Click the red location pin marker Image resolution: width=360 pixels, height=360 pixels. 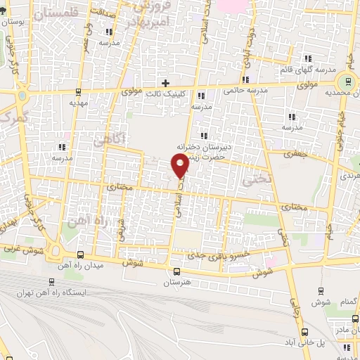click(x=180, y=165)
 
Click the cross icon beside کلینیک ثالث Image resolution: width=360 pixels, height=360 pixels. click(x=166, y=82)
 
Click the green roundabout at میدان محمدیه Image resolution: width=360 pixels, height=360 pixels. click(x=347, y=82)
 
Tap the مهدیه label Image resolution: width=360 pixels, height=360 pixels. click(x=78, y=101)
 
